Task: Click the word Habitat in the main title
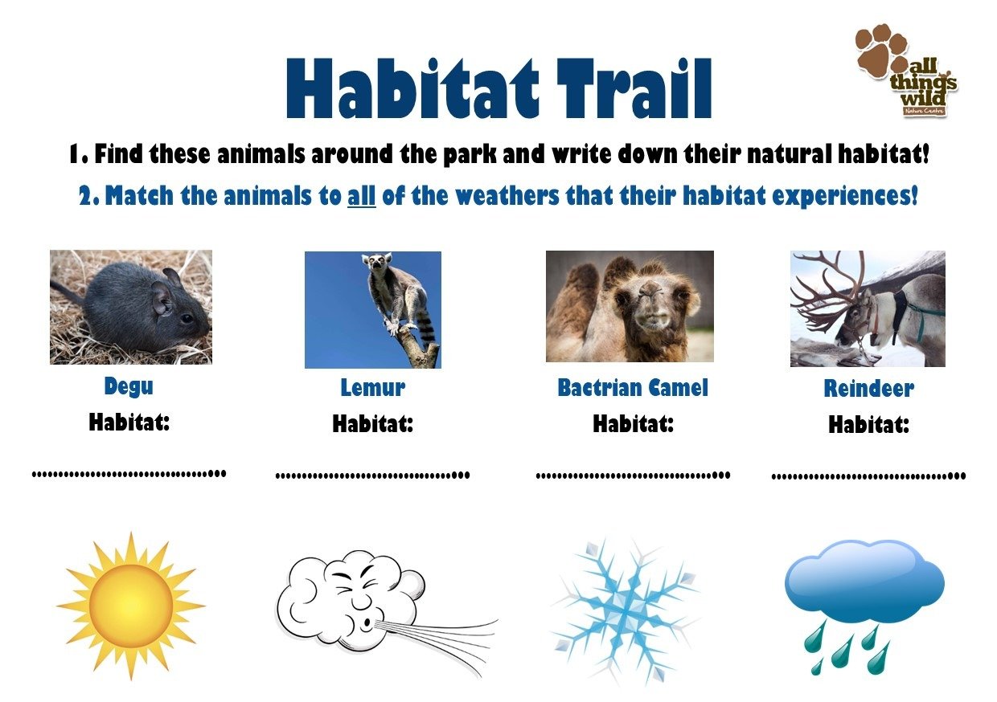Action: tap(412, 88)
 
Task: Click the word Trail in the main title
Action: tap(634, 88)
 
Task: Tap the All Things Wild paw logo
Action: tap(906, 71)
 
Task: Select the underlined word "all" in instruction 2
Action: tap(362, 196)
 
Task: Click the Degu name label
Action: tap(129, 386)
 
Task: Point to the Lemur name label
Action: tap(373, 387)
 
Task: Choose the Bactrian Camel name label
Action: tap(633, 387)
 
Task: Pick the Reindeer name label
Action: tap(869, 388)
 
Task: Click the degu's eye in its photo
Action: tap(187, 318)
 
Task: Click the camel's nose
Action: tap(651, 292)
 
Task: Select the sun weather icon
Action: tap(131, 606)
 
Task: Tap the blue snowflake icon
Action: tap(626, 611)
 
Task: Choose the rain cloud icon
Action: tap(864, 607)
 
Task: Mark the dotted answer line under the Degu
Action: tap(129, 473)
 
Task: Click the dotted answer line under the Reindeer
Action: tap(868, 476)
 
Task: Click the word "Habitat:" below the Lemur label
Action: tap(373, 423)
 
